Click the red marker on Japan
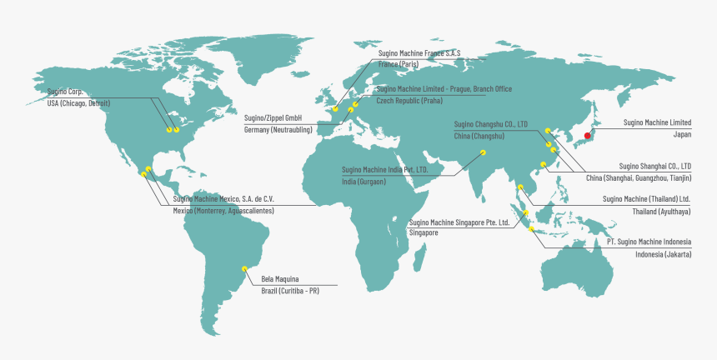pyautogui.click(x=588, y=136)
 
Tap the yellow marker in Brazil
pyautogui.click(x=244, y=267)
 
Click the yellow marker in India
pyautogui.click(x=483, y=152)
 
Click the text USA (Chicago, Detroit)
pyautogui.click(x=78, y=103)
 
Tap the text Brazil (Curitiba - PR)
pyautogui.click(x=290, y=290)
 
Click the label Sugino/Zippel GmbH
pyautogui.click(x=273, y=118)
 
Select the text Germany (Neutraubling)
pyautogui.click(x=278, y=130)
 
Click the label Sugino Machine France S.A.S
pyautogui.click(x=419, y=53)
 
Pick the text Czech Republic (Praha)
pyautogui.click(x=409, y=100)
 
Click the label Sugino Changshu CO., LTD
pyautogui.click(x=491, y=124)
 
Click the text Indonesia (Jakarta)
pyautogui.click(x=663, y=254)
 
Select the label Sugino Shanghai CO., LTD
pyautogui.click(x=655, y=167)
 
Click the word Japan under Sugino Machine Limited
pyautogui.click(x=682, y=133)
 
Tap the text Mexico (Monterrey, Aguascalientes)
pyautogui.click(x=223, y=211)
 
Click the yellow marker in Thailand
pyautogui.click(x=520, y=187)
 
